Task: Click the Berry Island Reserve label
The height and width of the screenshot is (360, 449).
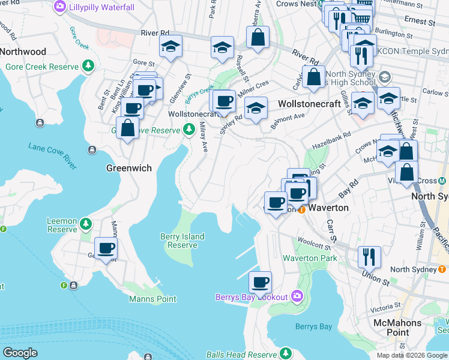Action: (x=182, y=241)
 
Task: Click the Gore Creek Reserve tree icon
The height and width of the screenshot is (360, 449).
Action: (x=88, y=65)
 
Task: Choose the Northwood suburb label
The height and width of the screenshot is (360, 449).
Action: (x=23, y=52)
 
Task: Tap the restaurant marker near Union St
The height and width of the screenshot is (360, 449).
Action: (x=369, y=256)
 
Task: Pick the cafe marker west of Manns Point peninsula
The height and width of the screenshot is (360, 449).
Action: (x=106, y=248)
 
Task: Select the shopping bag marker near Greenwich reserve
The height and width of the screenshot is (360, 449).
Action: (x=128, y=128)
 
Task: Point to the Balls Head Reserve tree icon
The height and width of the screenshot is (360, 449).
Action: (x=287, y=353)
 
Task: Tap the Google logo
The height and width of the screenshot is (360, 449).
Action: (x=20, y=353)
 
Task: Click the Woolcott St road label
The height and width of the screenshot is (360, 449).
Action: (x=316, y=245)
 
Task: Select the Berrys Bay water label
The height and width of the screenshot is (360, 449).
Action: (x=313, y=327)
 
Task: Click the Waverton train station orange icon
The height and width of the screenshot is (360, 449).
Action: (x=302, y=209)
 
